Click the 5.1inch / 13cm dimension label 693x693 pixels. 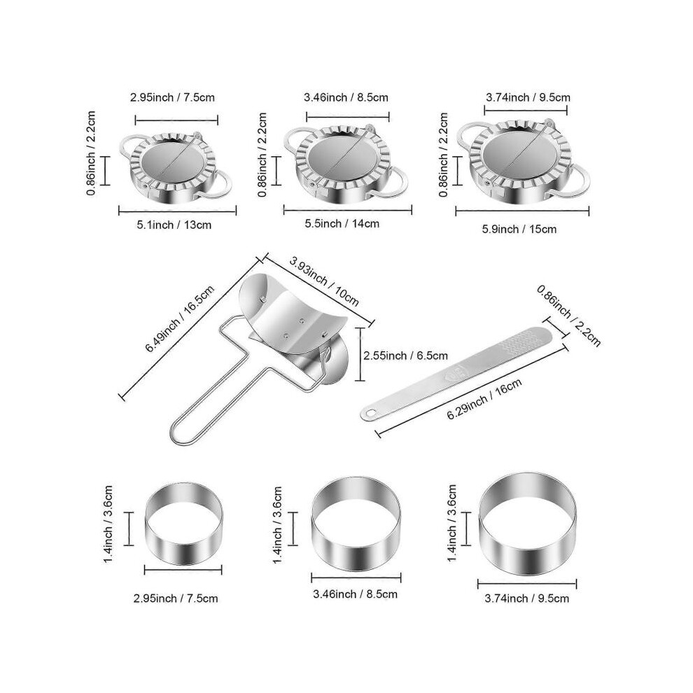174,225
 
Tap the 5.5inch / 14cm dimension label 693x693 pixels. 342,223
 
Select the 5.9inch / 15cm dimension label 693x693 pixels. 519,229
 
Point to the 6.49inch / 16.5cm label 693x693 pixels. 180,318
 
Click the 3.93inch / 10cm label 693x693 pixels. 324,281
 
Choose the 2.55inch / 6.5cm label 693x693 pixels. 406,356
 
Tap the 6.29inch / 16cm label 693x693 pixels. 484,399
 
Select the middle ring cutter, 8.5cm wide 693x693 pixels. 356,524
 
